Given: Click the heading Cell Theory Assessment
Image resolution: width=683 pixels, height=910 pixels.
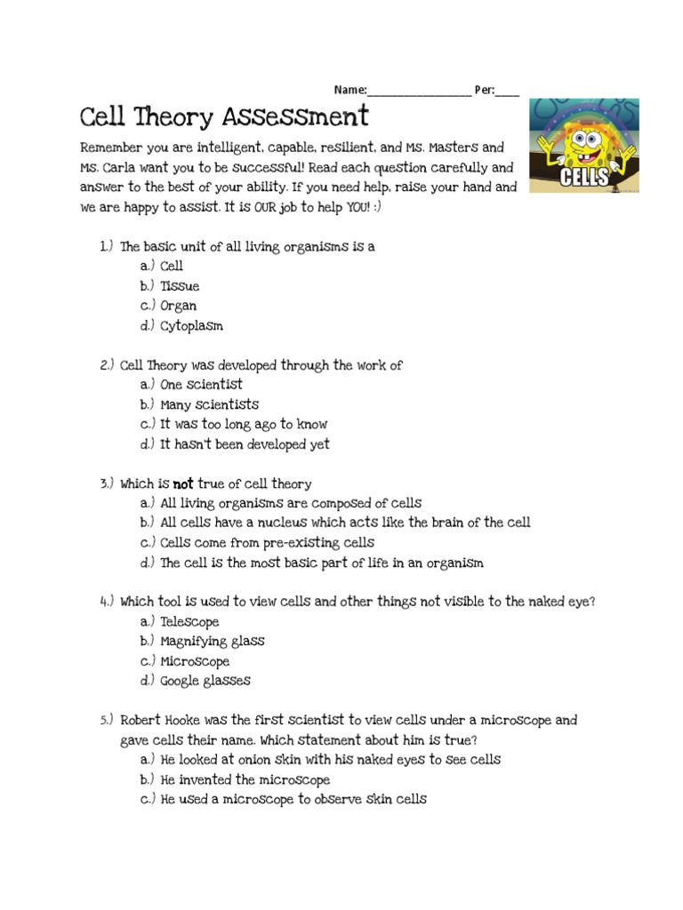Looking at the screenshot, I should pyautogui.click(x=223, y=116).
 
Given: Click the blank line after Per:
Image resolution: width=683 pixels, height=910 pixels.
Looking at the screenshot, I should pyautogui.click(x=507, y=91).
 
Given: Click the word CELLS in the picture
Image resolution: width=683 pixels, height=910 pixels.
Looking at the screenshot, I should pyautogui.click(x=584, y=178).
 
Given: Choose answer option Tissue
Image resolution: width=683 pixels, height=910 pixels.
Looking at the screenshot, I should pyautogui.click(x=180, y=286).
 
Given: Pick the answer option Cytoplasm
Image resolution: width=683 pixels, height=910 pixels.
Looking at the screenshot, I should pyautogui.click(x=191, y=325).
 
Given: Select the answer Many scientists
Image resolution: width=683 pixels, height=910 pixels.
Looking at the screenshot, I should pyautogui.click(x=209, y=404).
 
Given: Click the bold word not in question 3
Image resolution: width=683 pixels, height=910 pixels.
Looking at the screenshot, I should pyautogui.click(x=182, y=483).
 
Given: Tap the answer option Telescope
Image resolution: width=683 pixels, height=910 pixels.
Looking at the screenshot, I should pyautogui.click(x=189, y=621).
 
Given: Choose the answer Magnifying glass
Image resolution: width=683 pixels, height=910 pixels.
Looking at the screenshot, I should pyautogui.click(x=212, y=641).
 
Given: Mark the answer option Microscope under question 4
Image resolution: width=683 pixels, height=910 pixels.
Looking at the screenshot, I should pyautogui.click(x=194, y=661).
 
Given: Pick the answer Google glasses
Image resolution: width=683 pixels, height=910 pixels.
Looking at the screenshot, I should pyautogui.click(x=205, y=681).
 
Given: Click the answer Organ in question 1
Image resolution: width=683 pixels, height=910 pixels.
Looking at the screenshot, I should pyautogui.click(x=178, y=306).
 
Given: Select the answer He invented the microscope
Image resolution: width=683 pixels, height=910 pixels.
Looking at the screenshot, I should pyautogui.click(x=245, y=779).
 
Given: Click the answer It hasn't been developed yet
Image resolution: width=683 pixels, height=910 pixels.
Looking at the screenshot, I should pyautogui.click(x=245, y=443).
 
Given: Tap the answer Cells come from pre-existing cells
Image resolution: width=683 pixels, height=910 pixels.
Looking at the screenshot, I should pyautogui.click(x=267, y=542).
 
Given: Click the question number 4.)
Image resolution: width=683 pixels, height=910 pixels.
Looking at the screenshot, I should pyautogui.click(x=107, y=602).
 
